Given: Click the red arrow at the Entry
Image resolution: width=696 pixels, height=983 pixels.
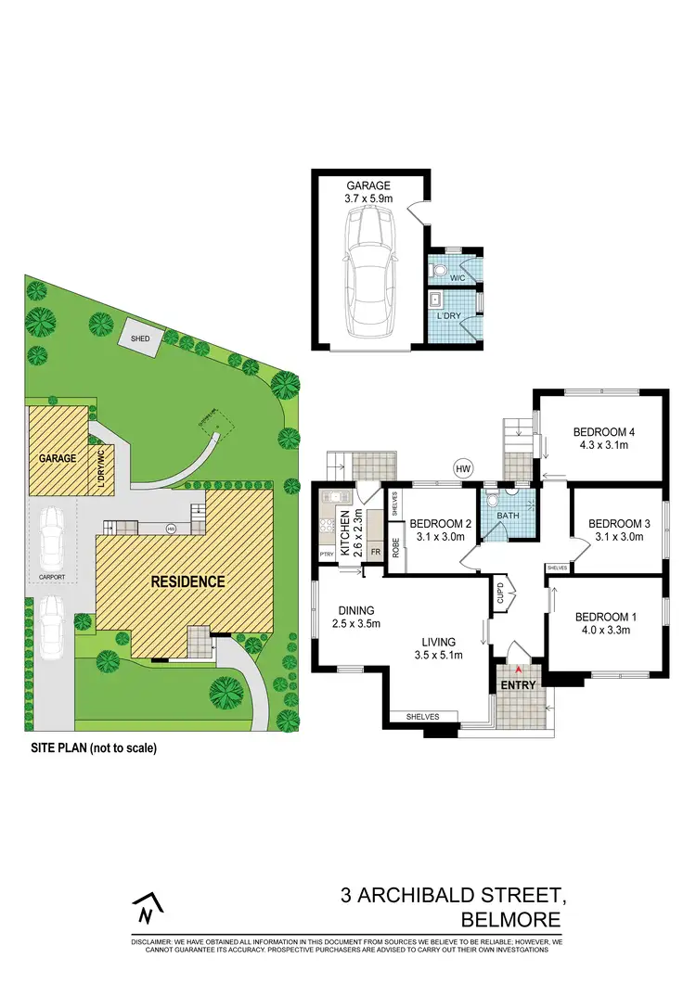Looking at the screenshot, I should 521,670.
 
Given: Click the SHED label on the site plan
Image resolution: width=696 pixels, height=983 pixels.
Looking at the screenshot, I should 140,339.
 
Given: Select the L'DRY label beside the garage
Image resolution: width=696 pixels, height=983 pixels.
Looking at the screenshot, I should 449,317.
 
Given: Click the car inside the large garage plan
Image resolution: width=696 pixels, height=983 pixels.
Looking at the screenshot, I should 368,275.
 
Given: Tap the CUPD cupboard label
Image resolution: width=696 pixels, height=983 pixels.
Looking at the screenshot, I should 499,592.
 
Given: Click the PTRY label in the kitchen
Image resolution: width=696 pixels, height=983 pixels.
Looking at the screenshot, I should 326,555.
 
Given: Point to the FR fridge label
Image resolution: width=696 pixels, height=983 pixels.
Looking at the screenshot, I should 375,550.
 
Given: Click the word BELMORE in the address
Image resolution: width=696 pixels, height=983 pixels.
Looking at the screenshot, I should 510,920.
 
